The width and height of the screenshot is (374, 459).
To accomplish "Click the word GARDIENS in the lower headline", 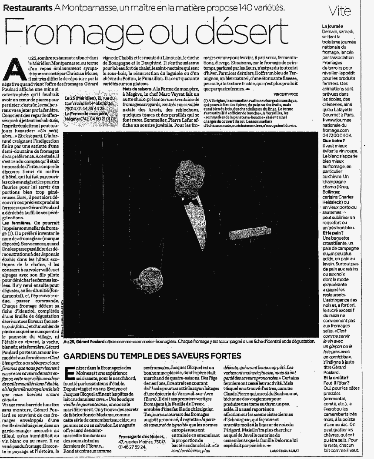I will point(84,356).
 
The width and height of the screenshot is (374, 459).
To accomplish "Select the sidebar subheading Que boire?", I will point(333,141).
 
